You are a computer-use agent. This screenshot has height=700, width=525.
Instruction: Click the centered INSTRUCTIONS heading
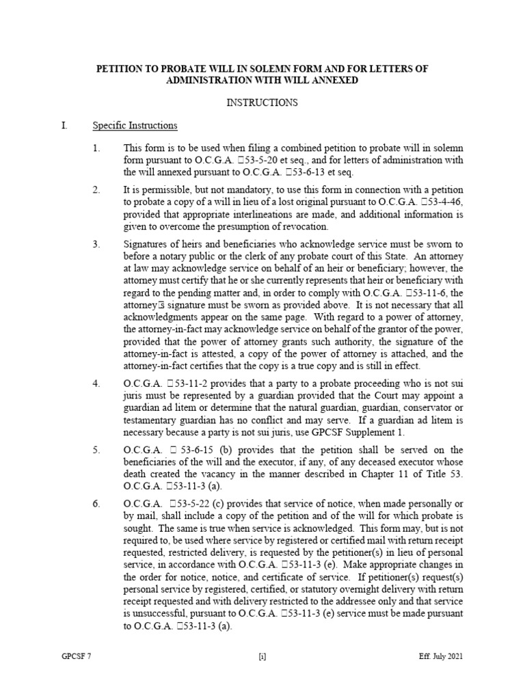click(x=262, y=103)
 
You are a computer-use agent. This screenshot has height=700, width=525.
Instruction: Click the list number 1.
click(x=96, y=148)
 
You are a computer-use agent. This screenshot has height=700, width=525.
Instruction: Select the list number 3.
click(x=96, y=243)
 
